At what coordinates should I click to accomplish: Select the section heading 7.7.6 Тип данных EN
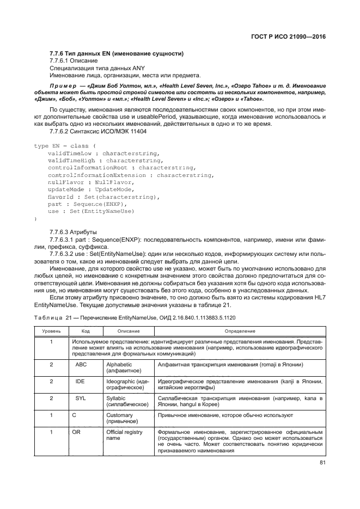pyautogui.click(x=116, y=53)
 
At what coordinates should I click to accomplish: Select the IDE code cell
pyautogui.click(x=80, y=382)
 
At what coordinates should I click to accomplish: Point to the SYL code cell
pyautogui.click(x=80, y=400)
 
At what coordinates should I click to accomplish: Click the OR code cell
pyautogui.click(x=76, y=432)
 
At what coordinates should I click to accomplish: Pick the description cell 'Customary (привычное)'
pyautogui.click(x=121, y=417)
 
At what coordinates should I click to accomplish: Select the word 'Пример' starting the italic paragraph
pyautogui.click(x=69, y=86)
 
